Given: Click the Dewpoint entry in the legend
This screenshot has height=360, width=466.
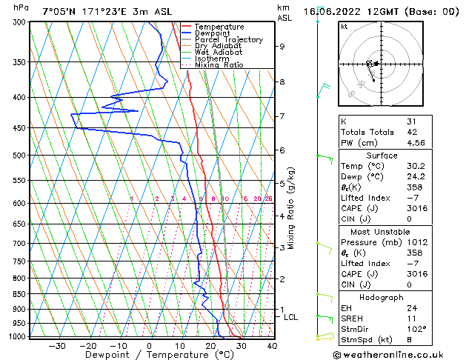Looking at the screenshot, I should pyautogui.click(x=211, y=33).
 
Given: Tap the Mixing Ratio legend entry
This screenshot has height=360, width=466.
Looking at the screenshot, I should pyautogui.click(x=219, y=65).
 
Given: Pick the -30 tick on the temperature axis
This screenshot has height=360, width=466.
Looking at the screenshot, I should pyautogui.click(x=57, y=345).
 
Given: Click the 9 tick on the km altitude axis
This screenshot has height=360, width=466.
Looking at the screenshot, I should pyautogui.click(x=282, y=46).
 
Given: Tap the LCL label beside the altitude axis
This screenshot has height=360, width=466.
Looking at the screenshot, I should pyautogui.click(x=291, y=317).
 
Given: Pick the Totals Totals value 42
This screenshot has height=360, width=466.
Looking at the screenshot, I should pyautogui.click(x=411, y=133).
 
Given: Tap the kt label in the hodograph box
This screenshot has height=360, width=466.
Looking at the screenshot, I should pyautogui.click(x=344, y=27).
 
